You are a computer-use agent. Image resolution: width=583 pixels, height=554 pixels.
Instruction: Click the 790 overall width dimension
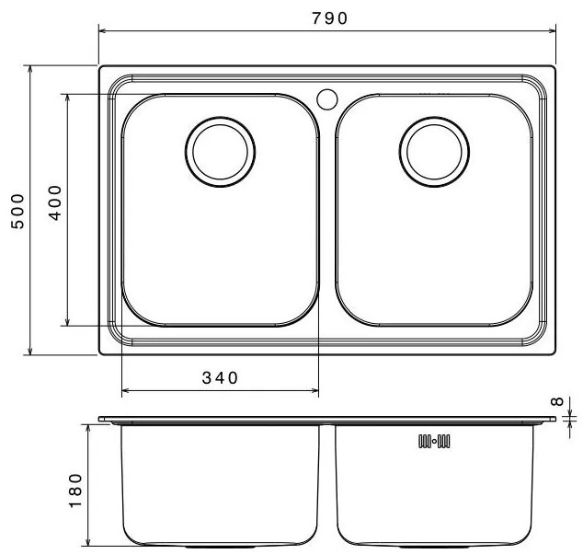click(x=329, y=18)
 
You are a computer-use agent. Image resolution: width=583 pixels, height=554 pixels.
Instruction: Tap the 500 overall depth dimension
click(x=17, y=211)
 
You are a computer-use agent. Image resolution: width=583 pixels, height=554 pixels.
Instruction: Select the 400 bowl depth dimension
click(x=55, y=202)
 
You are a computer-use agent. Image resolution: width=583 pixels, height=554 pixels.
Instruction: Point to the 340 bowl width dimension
click(x=220, y=378)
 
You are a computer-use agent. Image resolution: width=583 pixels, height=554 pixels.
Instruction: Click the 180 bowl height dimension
click(x=75, y=491)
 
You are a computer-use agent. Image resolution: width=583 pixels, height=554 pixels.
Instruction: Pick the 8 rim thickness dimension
click(x=557, y=401)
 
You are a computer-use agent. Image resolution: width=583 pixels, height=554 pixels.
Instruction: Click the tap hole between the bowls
click(x=327, y=99)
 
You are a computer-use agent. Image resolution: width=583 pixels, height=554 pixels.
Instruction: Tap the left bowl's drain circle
click(x=220, y=152)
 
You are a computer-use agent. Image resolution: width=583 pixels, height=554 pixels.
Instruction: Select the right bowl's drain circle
click(x=434, y=152)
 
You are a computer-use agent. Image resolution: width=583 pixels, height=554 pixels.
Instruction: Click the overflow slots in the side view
click(x=434, y=441)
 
